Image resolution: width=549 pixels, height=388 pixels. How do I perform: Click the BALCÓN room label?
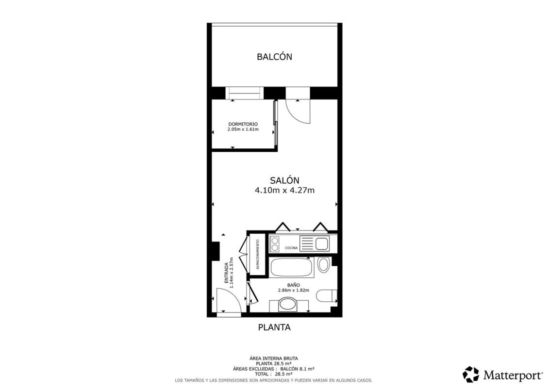tap(274, 57)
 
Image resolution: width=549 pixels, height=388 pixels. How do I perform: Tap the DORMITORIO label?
tap(243, 124)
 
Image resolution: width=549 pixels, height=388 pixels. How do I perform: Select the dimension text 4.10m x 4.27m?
tap(284, 191)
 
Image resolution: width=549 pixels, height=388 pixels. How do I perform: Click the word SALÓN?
tap(284, 180)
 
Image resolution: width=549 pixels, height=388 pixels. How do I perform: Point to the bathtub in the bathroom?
tap(292, 268)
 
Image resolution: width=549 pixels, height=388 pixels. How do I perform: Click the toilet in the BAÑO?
tap(326, 296)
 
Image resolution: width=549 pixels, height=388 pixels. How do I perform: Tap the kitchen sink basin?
tap(322, 243)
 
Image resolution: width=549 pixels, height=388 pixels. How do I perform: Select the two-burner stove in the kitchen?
tap(275, 244)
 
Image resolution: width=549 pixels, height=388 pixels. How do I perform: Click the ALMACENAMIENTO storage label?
tap(258, 254)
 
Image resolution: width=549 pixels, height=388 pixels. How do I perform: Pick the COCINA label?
tap(291, 248)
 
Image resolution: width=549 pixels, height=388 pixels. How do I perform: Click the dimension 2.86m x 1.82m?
tap(293, 290)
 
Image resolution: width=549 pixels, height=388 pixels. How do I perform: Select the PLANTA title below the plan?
tap(274, 327)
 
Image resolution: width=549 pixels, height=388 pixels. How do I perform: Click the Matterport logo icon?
tap(471, 374)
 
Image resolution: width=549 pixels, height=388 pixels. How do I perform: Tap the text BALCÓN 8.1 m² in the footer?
tap(297, 369)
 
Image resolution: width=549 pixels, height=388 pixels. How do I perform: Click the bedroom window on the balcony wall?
tap(244, 93)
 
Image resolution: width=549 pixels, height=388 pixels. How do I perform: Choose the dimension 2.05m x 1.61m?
tap(243, 129)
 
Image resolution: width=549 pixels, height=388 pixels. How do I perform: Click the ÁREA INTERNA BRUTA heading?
tap(274, 358)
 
